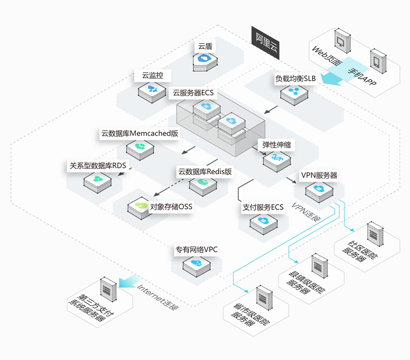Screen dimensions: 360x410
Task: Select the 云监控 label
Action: click(152, 76)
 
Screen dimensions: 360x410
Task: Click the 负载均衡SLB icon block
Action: click(295, 93)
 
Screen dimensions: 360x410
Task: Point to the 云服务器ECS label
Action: click(193, 93)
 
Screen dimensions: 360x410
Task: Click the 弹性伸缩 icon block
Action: click(276, 159)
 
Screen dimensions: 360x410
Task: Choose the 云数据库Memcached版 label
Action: click(140, 134)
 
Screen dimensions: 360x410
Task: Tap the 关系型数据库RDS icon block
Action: click(98, 180)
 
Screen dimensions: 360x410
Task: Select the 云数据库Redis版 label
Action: click(205, 172)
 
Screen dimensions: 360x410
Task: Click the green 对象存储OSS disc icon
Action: click(140, 206)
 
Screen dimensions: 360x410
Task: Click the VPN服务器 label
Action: click(319, 176)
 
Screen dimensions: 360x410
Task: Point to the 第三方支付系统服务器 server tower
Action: click(107, 289)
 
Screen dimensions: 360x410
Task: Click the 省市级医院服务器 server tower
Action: click(264, 298)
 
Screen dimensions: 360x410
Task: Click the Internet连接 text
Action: click(158, 296)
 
